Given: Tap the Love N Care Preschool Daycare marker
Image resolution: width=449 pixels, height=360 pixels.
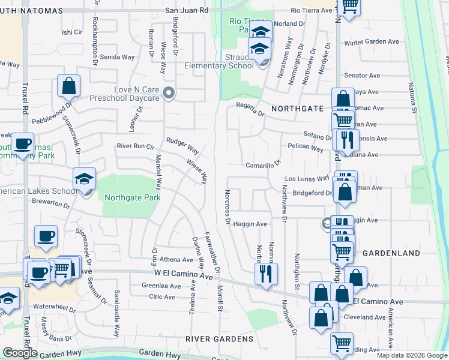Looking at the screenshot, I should click(169, 93).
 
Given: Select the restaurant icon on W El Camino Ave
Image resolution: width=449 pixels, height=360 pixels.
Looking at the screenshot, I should click(265, 274).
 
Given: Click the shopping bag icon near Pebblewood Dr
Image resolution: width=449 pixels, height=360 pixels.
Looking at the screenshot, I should click(69, 86).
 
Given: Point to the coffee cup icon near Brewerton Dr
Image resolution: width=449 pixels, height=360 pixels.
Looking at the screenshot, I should click(46, 237).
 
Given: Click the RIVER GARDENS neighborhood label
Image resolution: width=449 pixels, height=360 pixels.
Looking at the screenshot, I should click(219, 339).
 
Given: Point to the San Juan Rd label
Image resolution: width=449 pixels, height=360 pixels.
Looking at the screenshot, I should click(186, 10).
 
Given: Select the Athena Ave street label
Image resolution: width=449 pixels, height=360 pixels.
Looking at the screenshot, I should click(176, 260).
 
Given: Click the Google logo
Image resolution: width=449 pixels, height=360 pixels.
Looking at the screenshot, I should click(20, 353).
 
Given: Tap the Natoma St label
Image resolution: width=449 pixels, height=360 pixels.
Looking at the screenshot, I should click(412, 97).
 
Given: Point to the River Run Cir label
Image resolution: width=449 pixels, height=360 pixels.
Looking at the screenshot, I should click(136, 146).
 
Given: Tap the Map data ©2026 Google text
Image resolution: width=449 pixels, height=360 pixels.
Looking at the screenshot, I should click(412, 355).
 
